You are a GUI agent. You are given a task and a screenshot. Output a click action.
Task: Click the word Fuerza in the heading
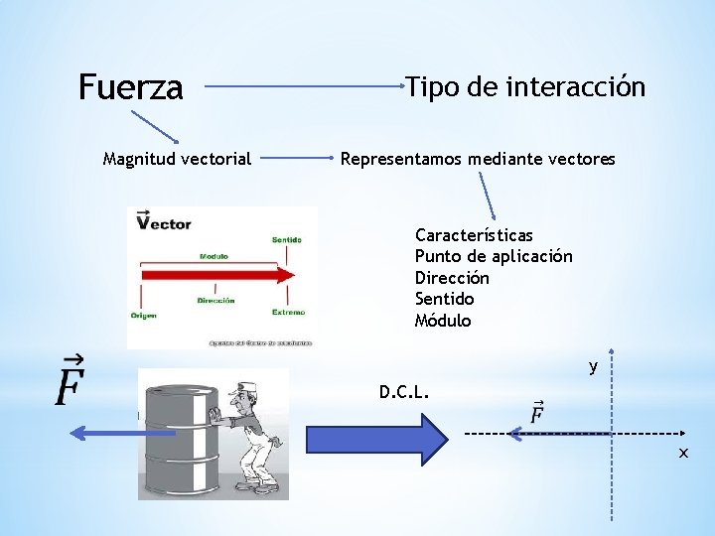tap(130, 88)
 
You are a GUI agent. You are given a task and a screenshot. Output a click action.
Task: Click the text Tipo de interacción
tap(525, 87)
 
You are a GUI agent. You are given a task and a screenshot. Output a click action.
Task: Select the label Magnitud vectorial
tap(178, 158)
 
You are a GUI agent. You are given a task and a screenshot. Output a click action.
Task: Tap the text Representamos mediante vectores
tap(478, 158)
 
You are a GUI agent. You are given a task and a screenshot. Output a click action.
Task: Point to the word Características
tap(474, 235)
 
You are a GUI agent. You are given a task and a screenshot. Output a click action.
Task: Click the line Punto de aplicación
tap(494, 256)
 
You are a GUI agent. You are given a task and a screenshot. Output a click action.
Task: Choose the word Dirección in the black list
tap(452, 278)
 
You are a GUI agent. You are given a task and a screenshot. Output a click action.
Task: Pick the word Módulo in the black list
tap(443, 321)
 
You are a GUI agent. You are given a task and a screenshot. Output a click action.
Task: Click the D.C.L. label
tap(404, 391)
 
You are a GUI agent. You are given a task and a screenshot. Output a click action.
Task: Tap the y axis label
tap(593, 367)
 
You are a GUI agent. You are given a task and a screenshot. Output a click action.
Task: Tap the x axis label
tap(683, 453)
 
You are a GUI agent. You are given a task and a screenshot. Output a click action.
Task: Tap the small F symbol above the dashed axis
tap(536, 411)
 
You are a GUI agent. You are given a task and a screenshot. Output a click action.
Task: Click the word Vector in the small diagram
tap(164, 223)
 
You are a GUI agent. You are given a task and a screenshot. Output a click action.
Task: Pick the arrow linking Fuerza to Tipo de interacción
tap(304, 87)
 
